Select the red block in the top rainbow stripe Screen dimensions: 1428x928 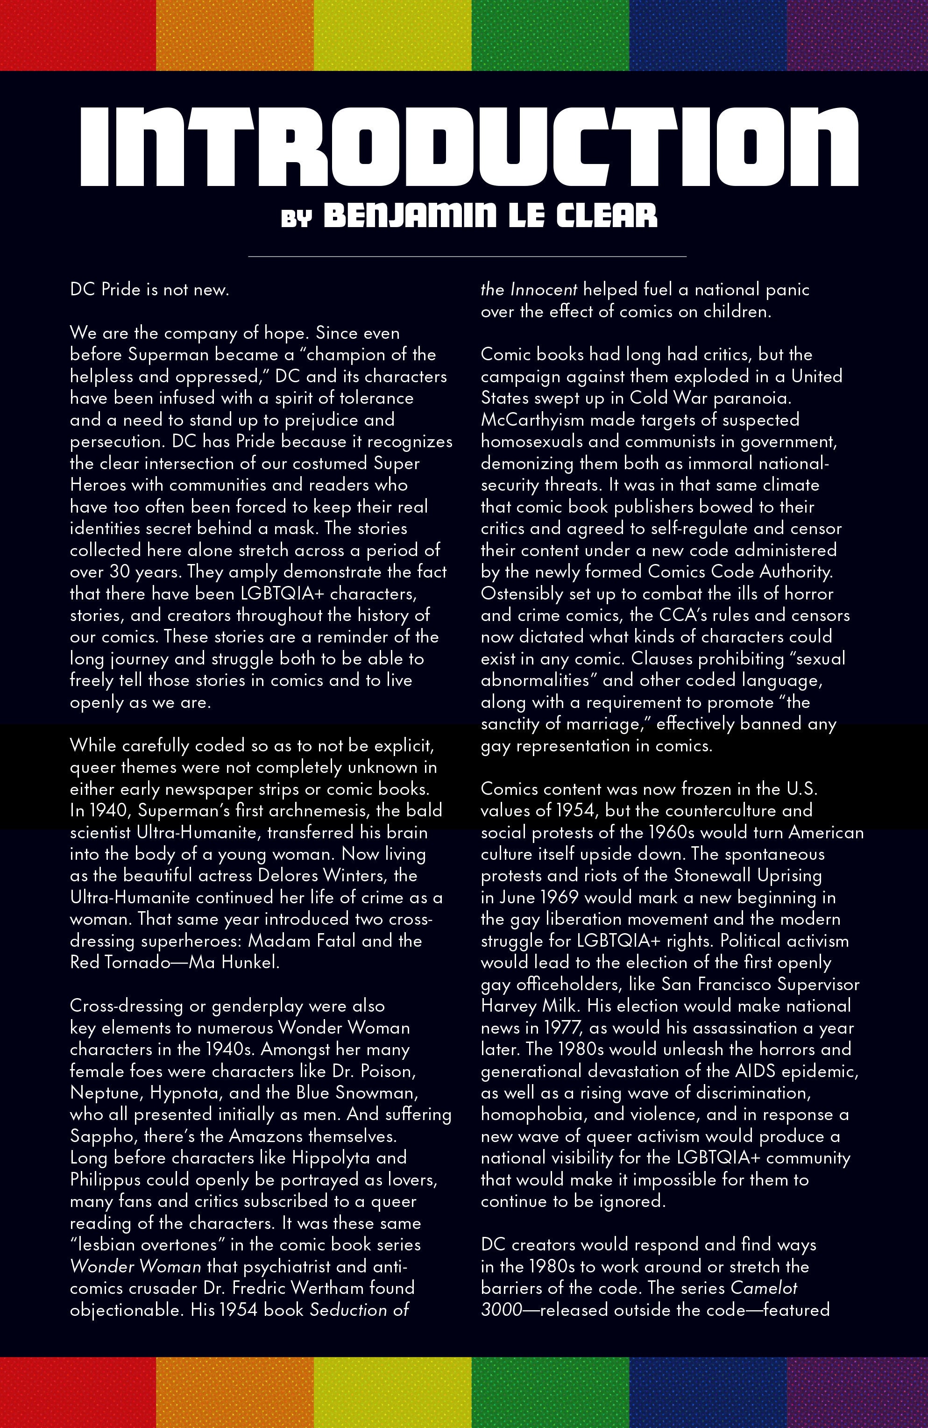(x=78, y=35)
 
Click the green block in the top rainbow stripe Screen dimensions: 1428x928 (x=550, y=35)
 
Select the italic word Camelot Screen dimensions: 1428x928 (x=764, y=1288)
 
